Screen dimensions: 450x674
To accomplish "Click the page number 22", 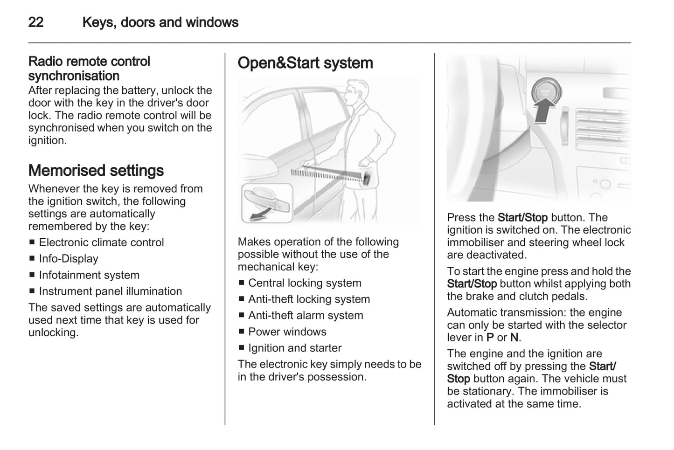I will (x=36, y=22).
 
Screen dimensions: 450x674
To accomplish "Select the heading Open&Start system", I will (x=305, y=63).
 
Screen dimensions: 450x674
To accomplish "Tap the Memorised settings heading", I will (x=96, y=171).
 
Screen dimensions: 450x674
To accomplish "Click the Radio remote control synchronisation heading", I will (x=89, y=69).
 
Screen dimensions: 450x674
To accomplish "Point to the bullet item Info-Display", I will (x=69, y=259).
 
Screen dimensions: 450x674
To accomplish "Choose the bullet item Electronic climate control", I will (x=101, y=242).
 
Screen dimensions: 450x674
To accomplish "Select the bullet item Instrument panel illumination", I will (x=110, y=291).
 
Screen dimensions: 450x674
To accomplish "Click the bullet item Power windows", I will (x=287, y=332).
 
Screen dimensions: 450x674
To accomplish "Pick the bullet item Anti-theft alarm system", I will (x=305, y=316).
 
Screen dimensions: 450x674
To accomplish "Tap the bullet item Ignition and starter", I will (x=294, y=348).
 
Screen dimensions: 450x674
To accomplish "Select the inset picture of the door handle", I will (x=267, y=203).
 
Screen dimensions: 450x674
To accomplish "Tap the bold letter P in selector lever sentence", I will (x=490, y=338).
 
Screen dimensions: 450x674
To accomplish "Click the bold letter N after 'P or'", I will (x=514, y=338).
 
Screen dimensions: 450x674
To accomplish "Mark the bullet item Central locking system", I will (x=305, y=283).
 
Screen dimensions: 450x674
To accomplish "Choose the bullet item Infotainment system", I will (x=89, y=275).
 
